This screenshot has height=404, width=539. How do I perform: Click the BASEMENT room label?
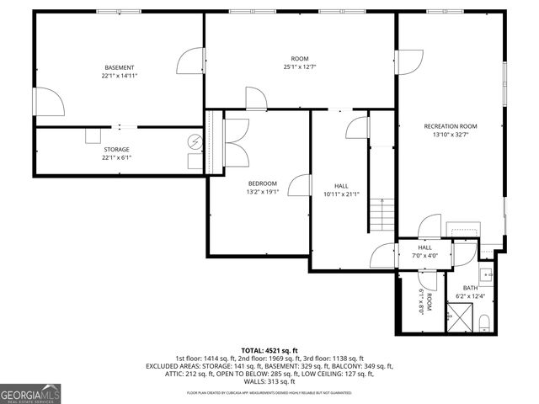[x=120, y=67]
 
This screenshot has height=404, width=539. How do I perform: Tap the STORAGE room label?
[x=117, y=149]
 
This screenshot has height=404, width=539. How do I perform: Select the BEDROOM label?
[x=262, y=183]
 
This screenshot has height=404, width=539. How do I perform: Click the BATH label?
[x=469, y=288]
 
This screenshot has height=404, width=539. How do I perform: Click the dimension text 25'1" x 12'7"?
[x=300, y=66]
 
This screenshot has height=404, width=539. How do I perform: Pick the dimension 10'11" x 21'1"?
[x=341, y=194]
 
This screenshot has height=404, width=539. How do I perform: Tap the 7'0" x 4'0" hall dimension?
[x=425, y=255]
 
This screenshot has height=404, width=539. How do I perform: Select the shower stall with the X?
[x=460, y=319]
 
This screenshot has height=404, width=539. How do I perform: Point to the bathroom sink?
[x=486, y=274]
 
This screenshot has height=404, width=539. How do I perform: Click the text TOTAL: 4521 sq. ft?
[x=269, y=350]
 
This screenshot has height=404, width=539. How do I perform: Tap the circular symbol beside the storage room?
[x=195, y=141]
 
